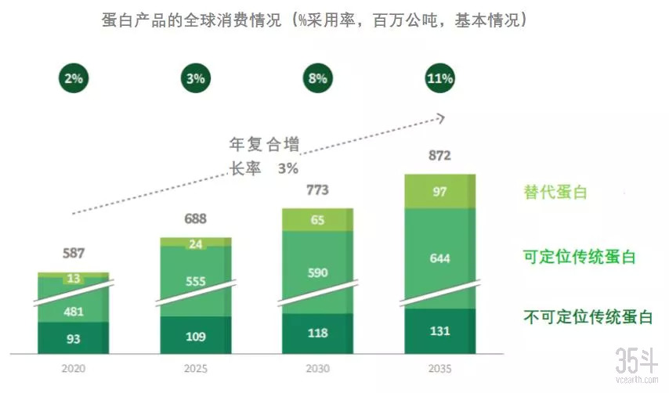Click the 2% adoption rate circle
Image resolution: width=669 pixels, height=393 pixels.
(74, 78)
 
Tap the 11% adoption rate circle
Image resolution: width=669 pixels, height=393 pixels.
(439, 78)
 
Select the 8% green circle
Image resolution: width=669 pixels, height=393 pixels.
(318, 78)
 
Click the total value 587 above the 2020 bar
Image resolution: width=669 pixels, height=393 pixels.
(73, 253)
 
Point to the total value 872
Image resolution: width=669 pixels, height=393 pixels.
(439, 156)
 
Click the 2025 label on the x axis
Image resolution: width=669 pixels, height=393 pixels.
(195, 367)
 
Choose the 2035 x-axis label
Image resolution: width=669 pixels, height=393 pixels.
(439, 367)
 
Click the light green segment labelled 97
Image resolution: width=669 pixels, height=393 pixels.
(439, 192)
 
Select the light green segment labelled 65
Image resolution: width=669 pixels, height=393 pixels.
(318, 220)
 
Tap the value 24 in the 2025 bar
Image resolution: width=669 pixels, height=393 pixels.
(195, 243)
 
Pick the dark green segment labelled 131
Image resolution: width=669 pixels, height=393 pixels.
(439, 330)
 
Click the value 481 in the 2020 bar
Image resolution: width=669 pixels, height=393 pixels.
(73, 311)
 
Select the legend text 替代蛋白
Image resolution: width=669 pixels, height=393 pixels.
(555, 192)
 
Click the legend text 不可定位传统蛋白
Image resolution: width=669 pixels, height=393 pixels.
(588, 317)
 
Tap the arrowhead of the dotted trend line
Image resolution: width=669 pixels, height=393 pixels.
(441, 118)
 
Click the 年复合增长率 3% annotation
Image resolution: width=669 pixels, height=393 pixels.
(263, 156)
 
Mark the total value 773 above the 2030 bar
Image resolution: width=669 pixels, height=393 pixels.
(318, 189)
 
